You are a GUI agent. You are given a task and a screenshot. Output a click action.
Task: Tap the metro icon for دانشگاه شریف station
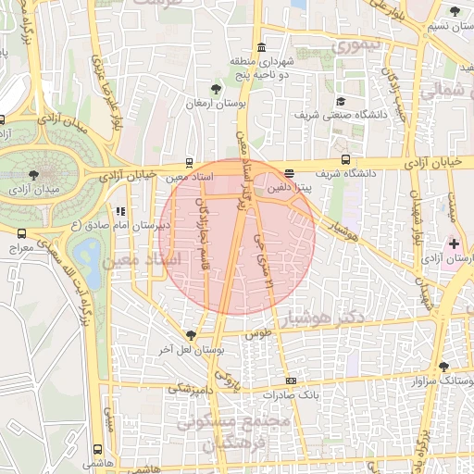pyautogui.click(x=345, y=159)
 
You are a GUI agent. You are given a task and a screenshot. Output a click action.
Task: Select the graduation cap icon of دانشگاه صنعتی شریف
pyautogui.click(x=340, y=102)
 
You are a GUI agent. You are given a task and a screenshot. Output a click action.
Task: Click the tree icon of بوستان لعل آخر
pyautogui.click(x=192, y=335)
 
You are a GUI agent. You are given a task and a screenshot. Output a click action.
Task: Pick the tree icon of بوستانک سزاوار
pyautogui.click(x=443, y=367)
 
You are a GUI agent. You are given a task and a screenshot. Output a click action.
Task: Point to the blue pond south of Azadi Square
pyautogui.click(x=89, y=251)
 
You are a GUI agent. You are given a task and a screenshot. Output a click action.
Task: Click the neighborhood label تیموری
pyautogui.click(x=355, y=44)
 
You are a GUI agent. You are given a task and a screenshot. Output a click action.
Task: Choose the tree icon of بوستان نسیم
pyautogui.click(x=454, y=11)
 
